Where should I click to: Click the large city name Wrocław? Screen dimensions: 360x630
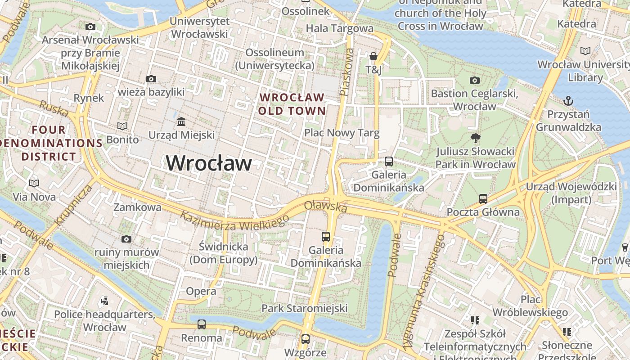[x=209, y=163]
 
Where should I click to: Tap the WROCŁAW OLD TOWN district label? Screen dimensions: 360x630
[x=292, y=104]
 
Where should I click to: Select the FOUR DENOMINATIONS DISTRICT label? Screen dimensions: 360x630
[x=49, y=143]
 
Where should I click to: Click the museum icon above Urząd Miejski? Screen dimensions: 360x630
[x=181, y=121]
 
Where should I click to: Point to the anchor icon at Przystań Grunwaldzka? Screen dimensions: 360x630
[x=568, y=100]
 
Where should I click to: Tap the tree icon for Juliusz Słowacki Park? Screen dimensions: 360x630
[x=475, y=138]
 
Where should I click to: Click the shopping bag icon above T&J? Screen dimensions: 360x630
[x=373, y=56]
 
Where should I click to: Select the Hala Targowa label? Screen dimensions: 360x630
[x=339, y=28]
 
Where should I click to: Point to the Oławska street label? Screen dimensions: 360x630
[x=326, y=207]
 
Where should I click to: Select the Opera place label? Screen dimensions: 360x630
[x=201, y=291]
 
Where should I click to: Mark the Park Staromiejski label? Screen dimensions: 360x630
[x=305, y=308]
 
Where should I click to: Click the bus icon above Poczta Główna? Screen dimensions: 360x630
[x=483, y=198]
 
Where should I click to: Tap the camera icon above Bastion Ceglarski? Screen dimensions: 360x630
[x=474, y=80]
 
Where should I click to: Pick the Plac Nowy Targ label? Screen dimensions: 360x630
[x=342, y=133]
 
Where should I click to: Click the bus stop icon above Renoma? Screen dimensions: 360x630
[x=201, y=324]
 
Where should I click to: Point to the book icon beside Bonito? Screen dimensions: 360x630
[x=122, y=126]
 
